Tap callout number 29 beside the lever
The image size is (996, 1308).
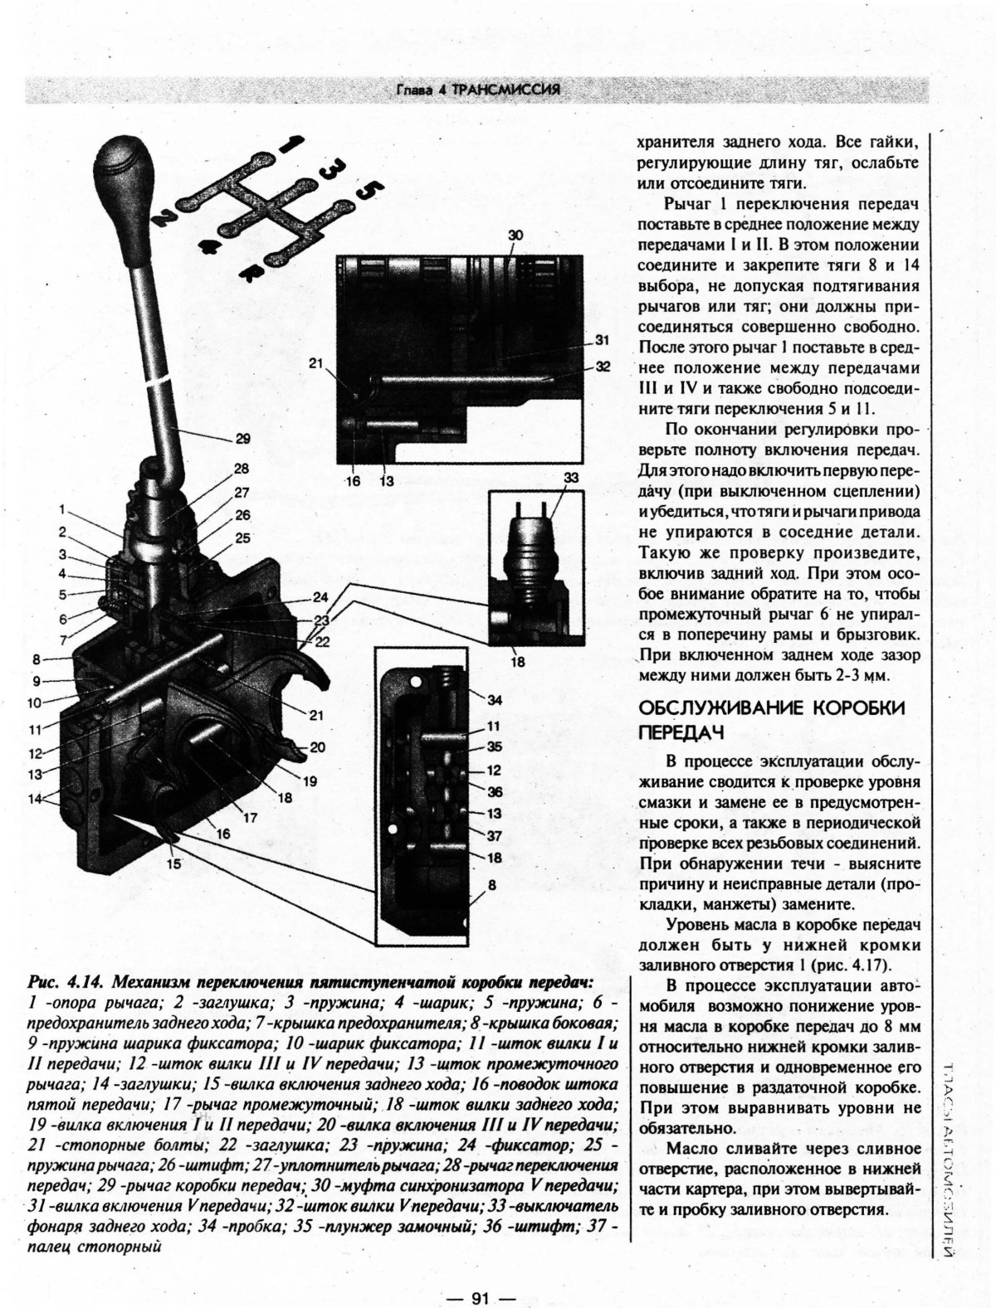[242, 439]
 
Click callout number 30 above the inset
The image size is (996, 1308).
[515, 236]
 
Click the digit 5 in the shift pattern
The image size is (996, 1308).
[365, 192]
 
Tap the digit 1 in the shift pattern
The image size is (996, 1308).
[286, 143]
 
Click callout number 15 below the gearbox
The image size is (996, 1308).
[173, 863]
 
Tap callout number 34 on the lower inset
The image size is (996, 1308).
[494, 701]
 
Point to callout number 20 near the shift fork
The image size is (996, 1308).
[316, 747]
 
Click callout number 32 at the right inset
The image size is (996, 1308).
[603, 366]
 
